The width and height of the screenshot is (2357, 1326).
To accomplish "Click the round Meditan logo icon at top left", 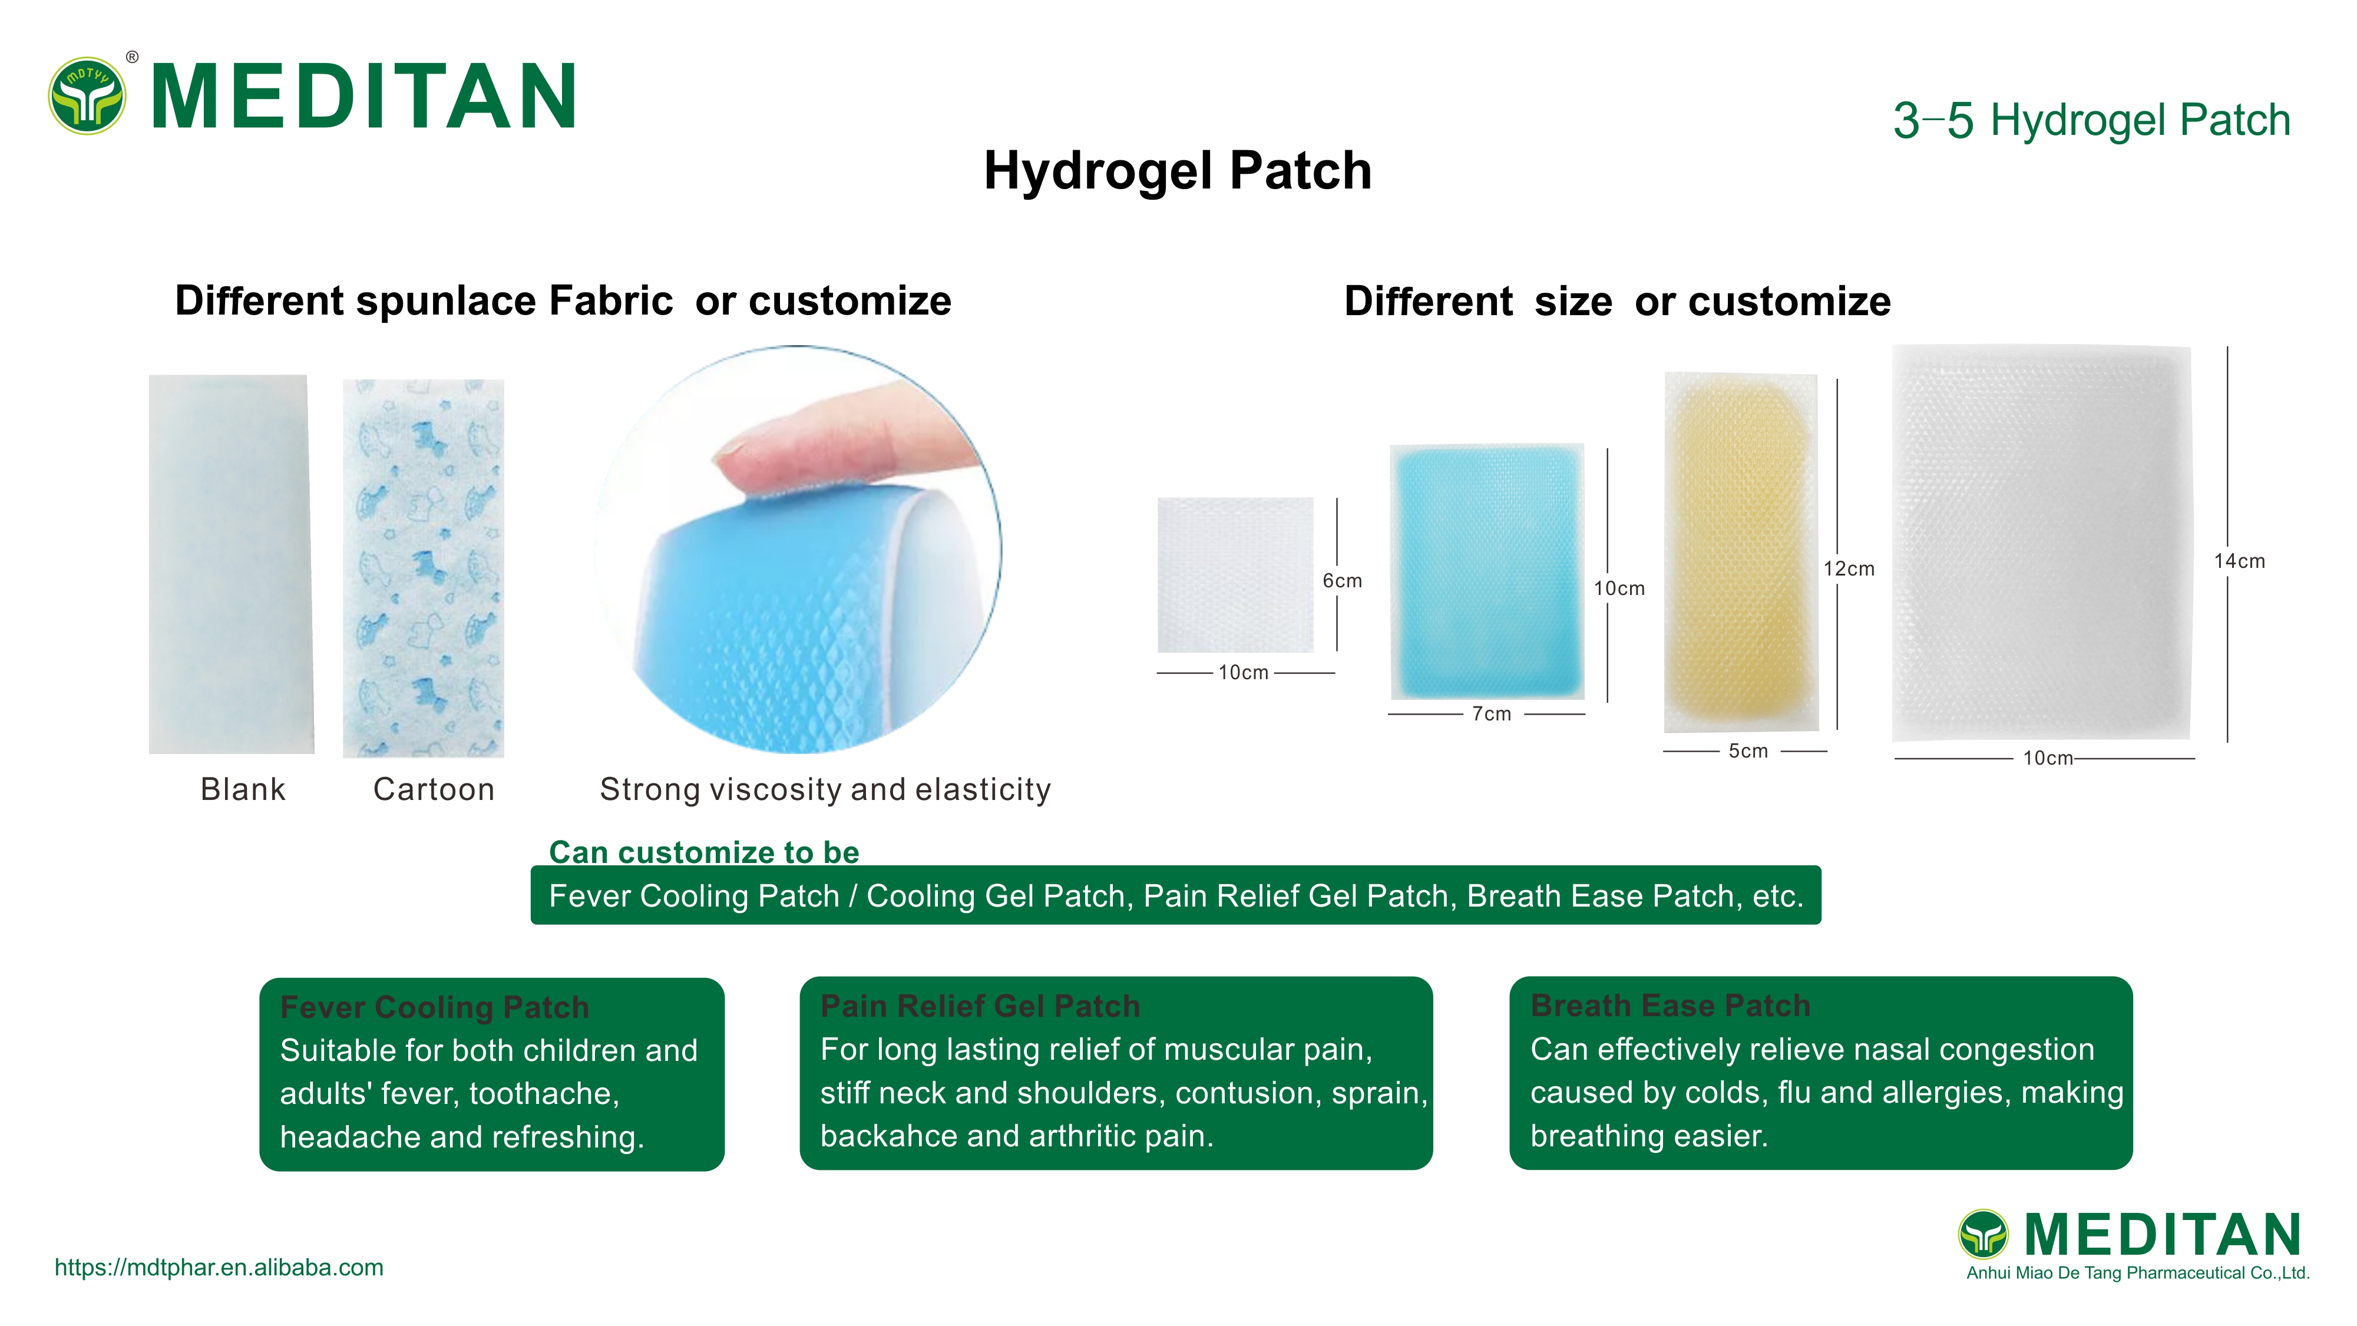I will coord(87,96).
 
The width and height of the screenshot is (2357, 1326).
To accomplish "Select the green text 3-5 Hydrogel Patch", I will coord(2091,121).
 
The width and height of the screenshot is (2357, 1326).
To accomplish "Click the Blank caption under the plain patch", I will coord(243,789).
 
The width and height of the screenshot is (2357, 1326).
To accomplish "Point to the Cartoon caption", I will coord(434,789).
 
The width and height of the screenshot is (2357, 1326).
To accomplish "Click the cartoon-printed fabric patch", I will coord(424,567).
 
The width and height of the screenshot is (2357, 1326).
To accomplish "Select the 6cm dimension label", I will coord(1341,581).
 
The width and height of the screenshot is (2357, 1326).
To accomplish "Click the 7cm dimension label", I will coord(1492,714).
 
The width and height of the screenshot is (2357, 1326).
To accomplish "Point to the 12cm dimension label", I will coord(1848,569).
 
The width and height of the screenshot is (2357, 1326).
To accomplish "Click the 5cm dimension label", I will coord(1748,751).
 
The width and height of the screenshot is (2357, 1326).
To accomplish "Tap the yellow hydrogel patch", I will coord(1740,552).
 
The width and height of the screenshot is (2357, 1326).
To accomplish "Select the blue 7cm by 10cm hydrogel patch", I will coord(1487,572).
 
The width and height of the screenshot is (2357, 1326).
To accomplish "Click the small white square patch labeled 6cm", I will coord(1235,575).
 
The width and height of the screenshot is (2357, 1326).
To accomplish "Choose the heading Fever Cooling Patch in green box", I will coord(435,1007).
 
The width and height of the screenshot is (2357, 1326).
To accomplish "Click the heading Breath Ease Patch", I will coord(1670,1006).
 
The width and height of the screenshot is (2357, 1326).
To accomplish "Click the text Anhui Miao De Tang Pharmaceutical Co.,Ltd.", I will coord(2137,1273).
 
